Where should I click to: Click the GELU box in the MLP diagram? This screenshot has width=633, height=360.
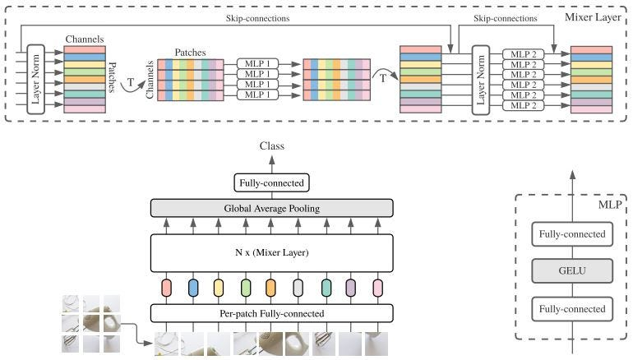click(572, 270)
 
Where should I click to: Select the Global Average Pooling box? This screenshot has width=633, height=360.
click(271, 209)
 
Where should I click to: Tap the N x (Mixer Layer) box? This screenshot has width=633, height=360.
click(271, 252)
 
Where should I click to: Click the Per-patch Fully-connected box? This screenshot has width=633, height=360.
click(271, 313)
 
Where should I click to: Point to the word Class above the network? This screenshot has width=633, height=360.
click(271, 146)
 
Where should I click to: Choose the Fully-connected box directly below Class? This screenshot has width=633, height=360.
click(271, 183)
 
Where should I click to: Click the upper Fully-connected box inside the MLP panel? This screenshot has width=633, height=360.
click(572, 235)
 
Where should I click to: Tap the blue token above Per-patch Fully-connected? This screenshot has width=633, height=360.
click(193, 288)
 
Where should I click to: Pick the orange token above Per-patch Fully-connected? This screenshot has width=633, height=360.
click(270, 288)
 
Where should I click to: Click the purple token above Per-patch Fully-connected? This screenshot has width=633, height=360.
click(350, 288)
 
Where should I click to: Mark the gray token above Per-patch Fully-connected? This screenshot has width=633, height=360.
click(298, 288)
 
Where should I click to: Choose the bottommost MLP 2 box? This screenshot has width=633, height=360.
click(524, 105)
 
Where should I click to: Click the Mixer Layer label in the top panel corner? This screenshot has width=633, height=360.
click(595, 16)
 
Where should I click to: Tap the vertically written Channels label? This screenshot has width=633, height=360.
click(150, 80)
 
